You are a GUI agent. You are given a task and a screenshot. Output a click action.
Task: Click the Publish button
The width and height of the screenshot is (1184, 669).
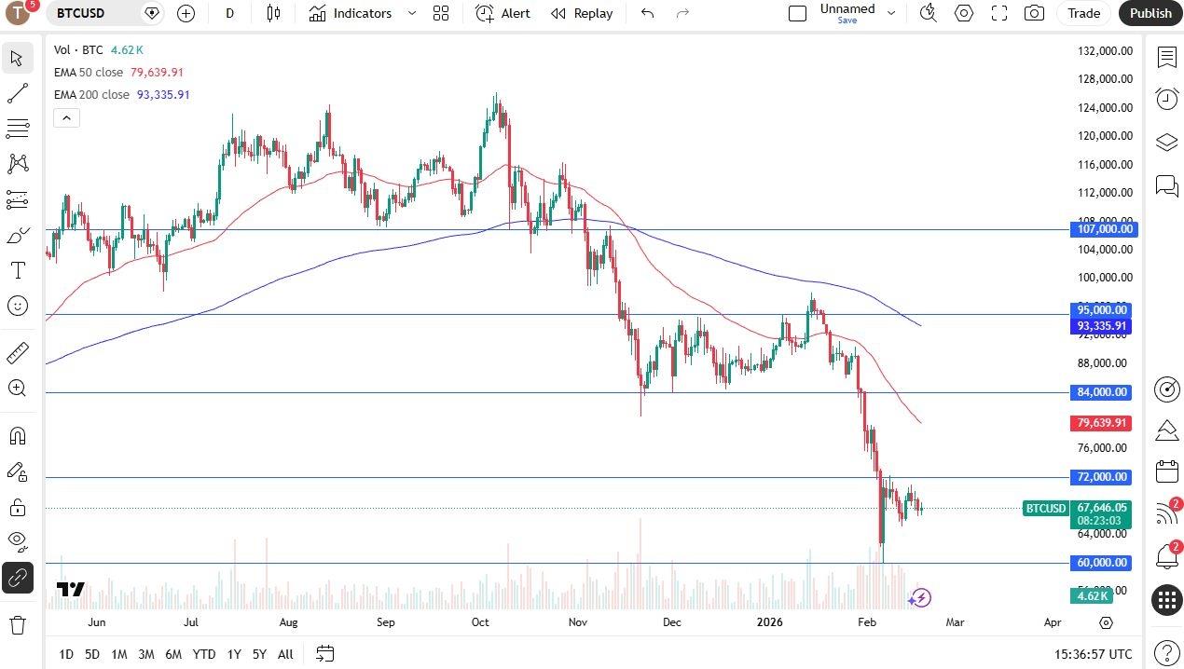tap(1150, 13)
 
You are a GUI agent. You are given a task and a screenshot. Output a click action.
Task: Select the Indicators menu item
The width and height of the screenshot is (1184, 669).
tap(351, 13)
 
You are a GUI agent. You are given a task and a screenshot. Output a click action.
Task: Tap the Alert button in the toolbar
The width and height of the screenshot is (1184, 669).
tap(503, 13)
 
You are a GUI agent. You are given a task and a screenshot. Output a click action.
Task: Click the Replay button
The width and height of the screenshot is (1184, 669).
tap(582, 13)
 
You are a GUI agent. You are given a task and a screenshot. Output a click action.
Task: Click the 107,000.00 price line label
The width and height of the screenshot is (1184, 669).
tap(1104, 229)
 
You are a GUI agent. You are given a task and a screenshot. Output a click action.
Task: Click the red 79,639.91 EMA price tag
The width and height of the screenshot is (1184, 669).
tap(1101, 423)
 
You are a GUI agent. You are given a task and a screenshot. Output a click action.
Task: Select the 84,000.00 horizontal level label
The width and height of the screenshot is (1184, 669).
tap(1102, 392)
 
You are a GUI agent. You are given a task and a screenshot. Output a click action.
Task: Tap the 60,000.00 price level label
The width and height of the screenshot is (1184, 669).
tap(1102, 563)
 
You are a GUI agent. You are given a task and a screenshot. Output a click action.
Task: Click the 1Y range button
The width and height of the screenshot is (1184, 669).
tap(234, 654)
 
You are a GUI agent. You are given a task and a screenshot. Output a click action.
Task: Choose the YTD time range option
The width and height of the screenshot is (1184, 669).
tap(203, 654)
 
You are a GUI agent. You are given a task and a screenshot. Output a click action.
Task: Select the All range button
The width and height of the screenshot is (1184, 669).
tap(285, 654)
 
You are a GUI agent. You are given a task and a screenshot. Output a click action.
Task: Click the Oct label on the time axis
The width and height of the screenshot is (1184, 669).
tap(480, 622)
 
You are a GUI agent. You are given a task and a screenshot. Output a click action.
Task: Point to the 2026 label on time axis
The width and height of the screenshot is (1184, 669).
tap(769, 622)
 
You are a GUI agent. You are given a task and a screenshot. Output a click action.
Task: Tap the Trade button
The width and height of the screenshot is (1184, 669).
tap(1083, 13)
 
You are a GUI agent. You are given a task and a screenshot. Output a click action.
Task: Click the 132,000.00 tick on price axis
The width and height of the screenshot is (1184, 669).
tap(1105, 51)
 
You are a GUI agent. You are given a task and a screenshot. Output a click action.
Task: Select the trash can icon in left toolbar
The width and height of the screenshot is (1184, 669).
tap(17, 624)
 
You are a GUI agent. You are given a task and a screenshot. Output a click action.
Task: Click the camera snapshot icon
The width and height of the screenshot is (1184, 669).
tap(1034, 13)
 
